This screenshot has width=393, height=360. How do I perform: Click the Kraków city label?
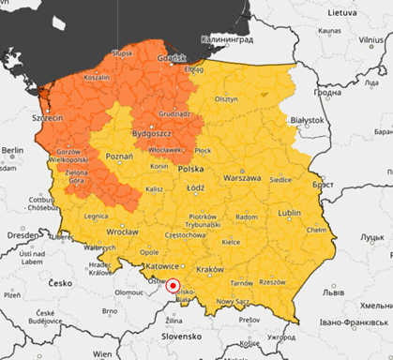tap(211, 268)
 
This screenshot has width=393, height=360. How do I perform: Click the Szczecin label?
tap(47, 118)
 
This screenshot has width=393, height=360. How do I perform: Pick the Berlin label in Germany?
tap(12, 150)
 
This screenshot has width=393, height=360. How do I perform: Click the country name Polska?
tap(190, 170)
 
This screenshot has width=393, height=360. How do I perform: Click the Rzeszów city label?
tap(273, 281)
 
